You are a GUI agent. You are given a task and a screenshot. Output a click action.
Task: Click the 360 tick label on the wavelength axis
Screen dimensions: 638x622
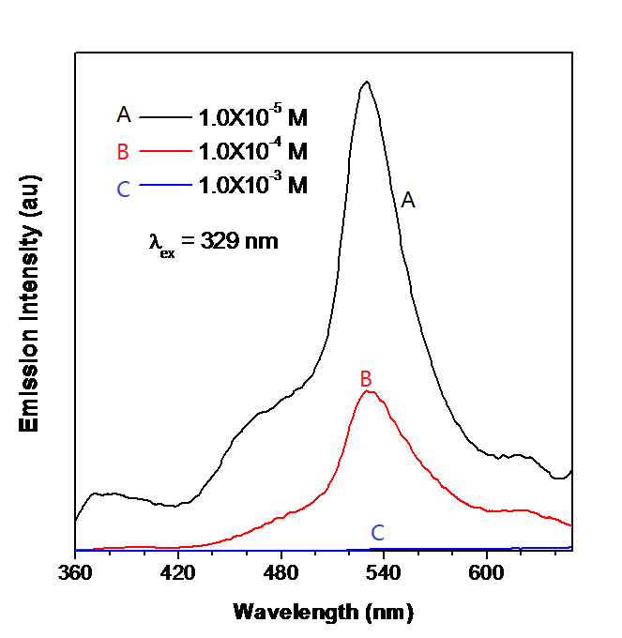click(x=74, y=572)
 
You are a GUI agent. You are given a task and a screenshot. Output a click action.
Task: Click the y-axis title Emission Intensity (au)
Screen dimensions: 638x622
click(x=30, y=302)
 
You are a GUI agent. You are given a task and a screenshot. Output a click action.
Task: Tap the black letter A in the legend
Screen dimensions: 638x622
click(x=123, y=114)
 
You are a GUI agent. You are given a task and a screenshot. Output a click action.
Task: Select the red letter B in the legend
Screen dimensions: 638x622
click(x=123, y=150)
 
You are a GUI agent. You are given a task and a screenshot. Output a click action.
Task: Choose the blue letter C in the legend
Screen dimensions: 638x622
click(x=123, y=189)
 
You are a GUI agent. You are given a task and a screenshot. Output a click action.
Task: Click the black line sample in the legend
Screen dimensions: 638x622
click(x=165, y=117)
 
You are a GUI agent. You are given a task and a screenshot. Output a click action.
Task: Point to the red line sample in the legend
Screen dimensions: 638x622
click(x=165, y=151)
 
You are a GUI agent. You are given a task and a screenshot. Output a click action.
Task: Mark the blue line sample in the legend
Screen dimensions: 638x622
click(x=165, y=187)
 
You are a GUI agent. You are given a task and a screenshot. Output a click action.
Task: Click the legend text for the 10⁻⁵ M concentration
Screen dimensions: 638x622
click(x=252, y=117)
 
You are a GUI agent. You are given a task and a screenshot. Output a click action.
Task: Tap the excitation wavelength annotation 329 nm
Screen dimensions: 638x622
click(x=213, y=242)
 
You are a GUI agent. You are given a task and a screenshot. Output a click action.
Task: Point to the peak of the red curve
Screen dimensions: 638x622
click(x=368, y=391)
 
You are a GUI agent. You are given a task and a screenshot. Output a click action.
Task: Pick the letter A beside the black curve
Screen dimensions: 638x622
click(x=407, y=199)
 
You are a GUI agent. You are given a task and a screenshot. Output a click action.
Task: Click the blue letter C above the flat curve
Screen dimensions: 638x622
click(x=377, y=533)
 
